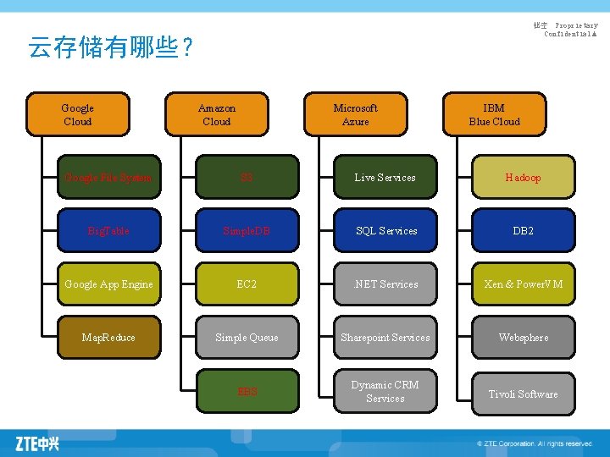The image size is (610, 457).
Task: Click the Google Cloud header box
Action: coord(78,114)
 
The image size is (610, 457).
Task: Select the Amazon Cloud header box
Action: coord(217,114)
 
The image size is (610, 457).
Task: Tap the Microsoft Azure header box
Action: coord(355,114)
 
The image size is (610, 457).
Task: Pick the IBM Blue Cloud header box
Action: coord(494,114)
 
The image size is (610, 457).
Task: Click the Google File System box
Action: coord(108,178)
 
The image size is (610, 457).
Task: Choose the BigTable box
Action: coord(108,231)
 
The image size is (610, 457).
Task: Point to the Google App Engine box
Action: coord(108,284)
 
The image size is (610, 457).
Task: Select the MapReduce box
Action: coord(108,338)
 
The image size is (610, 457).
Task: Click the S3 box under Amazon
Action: coord(247,178)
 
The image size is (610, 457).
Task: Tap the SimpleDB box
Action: coord(247,231)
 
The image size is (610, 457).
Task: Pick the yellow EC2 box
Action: coord(247,284)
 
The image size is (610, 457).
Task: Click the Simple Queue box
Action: coord(247,338)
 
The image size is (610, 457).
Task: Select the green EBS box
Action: coord(247,392)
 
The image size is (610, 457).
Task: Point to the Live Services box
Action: coord(385,178)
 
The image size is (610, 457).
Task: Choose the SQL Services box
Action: coord(385,231)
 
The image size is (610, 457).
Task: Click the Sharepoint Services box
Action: coord(385,338)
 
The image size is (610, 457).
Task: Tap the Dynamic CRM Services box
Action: coord(385,392)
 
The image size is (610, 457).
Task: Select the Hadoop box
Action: coord(523,178)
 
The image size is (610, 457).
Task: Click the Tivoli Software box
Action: coord(523,394)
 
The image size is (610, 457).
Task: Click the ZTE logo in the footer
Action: coord(37,443)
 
